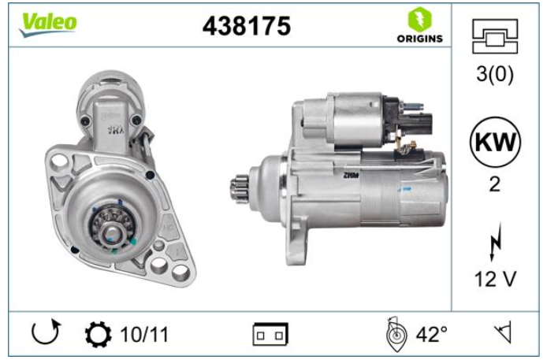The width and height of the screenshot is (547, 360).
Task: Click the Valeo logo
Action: coord(48,24)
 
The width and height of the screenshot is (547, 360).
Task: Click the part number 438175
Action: coord(247,26)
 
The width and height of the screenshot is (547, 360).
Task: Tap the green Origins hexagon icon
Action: coord(419,19)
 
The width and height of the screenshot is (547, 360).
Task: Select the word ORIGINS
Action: coord(419,39)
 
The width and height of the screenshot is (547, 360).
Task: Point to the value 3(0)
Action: coord(495,74)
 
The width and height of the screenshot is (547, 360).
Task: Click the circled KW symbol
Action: coord(495,142)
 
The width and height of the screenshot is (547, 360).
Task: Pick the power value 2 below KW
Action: coord(495,184)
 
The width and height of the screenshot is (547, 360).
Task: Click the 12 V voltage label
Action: coord(495,279)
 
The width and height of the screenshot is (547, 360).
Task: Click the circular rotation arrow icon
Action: coord(46,332)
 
